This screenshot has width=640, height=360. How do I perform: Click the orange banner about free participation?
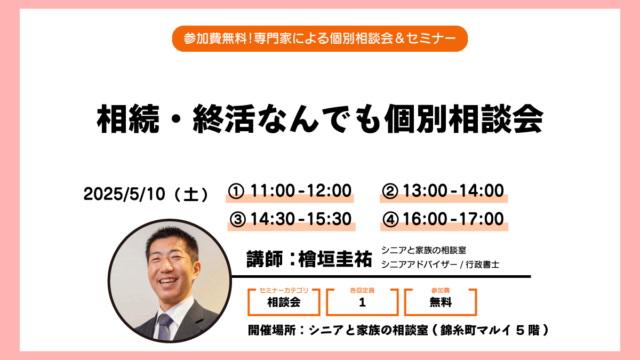(319, 38)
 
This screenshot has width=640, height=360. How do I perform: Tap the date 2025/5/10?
(124, 194)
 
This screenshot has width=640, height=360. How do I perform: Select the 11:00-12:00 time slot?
(301, 190)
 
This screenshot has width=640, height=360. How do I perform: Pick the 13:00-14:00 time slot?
(453, 190)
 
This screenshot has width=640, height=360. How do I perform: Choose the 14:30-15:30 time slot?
(301, 219)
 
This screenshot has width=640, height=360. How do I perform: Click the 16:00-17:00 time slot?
(453, 219)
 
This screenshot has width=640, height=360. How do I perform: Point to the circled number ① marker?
(236, 191)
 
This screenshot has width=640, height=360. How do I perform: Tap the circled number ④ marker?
(390, 219)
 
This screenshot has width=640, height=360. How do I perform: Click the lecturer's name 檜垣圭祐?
(335, 259)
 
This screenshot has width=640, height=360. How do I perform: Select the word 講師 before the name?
(265, 259)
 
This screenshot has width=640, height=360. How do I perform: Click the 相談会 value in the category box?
(284, 302)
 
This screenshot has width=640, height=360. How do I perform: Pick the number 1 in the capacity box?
(362, 302)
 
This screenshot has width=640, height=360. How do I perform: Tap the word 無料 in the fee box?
(441, 302)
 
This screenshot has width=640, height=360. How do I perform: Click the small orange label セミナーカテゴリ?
(284, 290)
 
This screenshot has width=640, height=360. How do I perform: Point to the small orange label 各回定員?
(362, 290)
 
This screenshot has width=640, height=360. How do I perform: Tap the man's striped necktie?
(164, 326)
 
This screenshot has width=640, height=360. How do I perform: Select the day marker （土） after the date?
(191, 194)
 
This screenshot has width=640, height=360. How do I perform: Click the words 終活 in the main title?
(224, 118)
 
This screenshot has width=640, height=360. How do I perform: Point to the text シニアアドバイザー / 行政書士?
(440, 265)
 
